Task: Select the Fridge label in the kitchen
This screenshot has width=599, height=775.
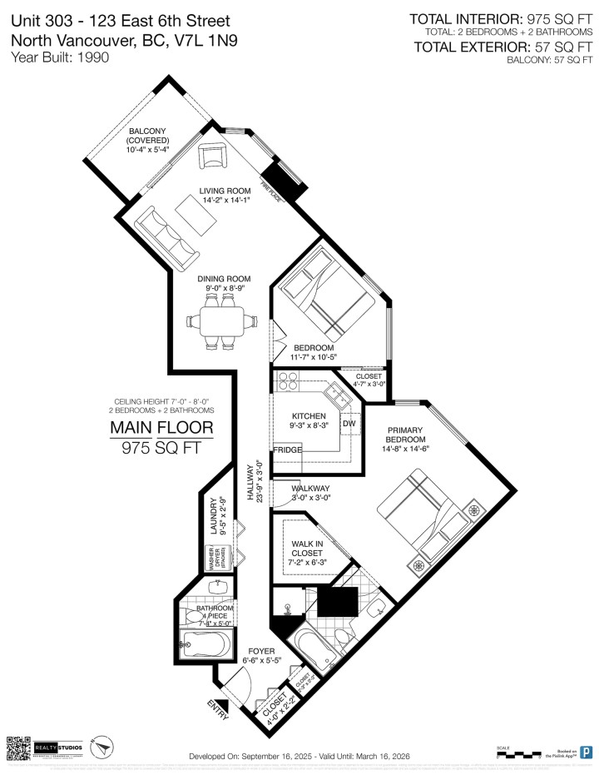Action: tap(287, 450)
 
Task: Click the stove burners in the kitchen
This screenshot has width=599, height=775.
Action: tap(288, 380)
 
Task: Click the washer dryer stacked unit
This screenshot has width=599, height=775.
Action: tap(213, 558)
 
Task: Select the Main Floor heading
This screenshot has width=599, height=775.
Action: tap(162, 429)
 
